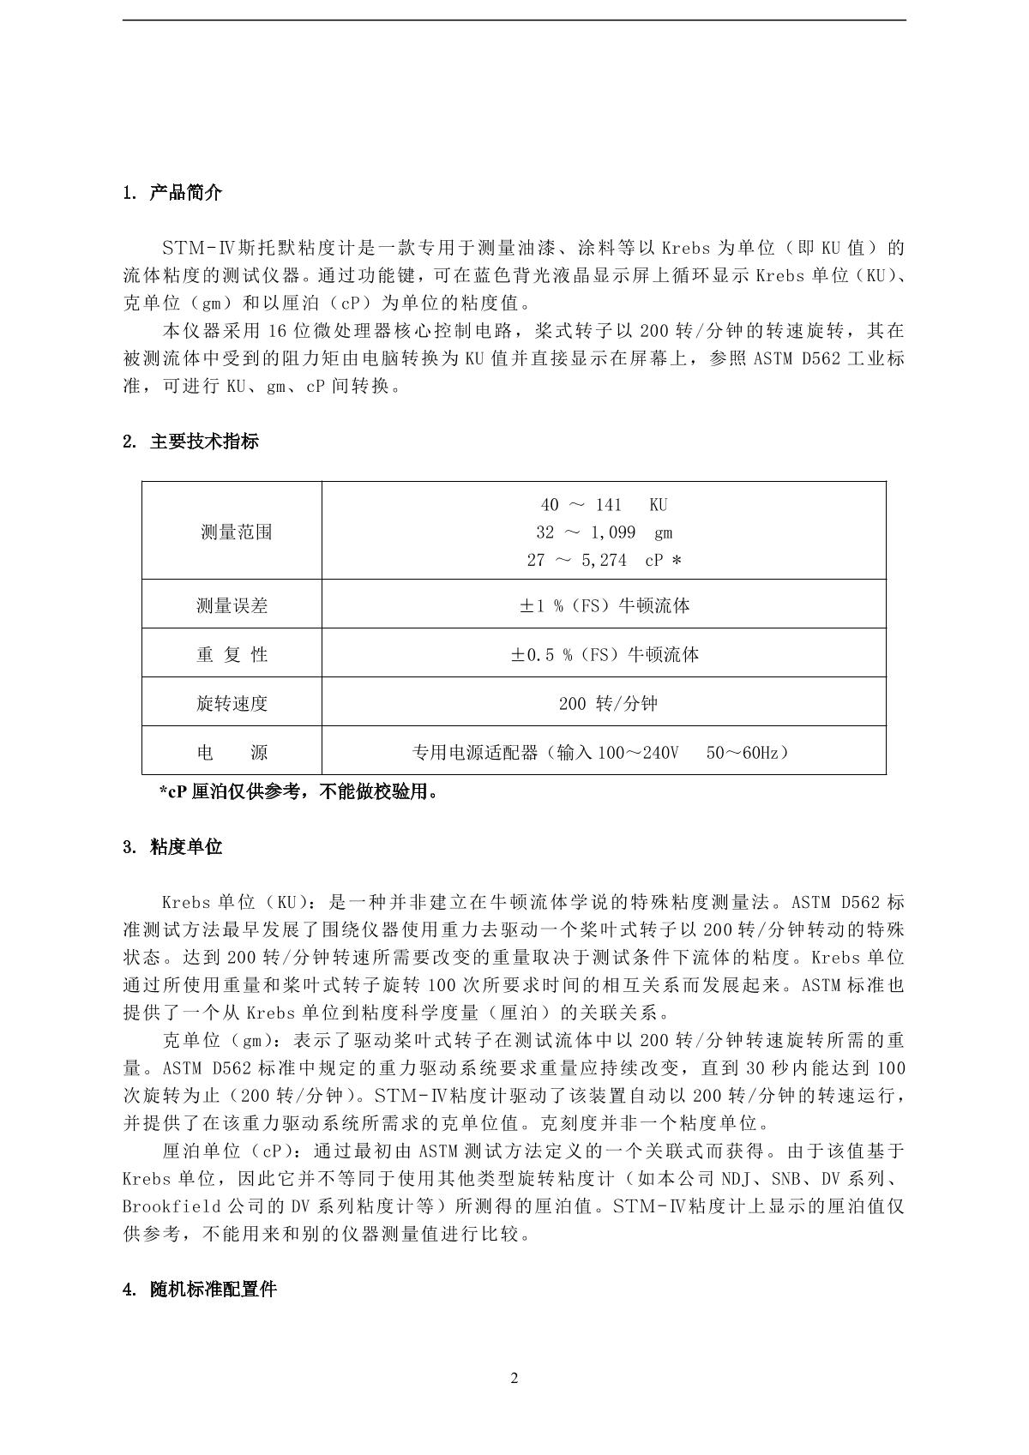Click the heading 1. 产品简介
172,193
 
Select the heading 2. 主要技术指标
190,442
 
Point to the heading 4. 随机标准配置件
200,1290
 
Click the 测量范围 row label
236,532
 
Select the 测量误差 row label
232,606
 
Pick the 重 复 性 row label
232,655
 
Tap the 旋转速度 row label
232,704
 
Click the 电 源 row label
232,753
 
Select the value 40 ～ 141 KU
604,505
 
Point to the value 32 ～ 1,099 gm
604,532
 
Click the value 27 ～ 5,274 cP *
604,560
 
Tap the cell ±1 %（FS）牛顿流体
604,606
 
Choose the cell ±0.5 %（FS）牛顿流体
604,655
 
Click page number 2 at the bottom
514,1379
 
